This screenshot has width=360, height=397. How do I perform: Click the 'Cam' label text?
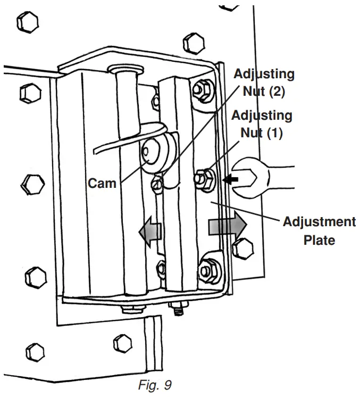(102, 184)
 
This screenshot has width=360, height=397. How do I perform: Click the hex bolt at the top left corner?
(28, 22)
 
